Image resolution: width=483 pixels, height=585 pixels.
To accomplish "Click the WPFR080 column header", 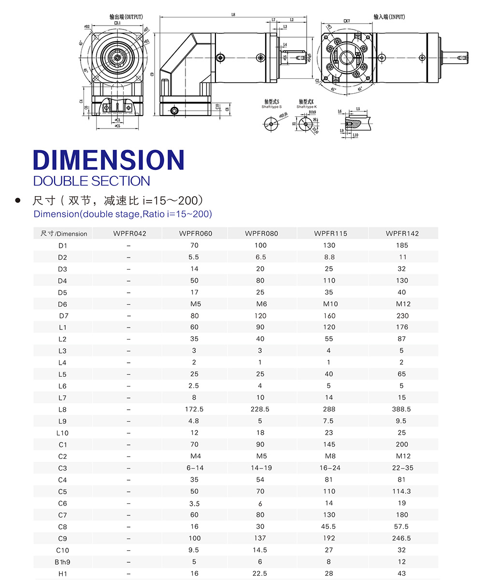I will coord(261,233).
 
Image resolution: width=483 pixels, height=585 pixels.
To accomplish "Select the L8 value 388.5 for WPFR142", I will coord(402,409).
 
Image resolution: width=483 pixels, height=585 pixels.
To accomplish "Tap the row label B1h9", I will coord(62,562).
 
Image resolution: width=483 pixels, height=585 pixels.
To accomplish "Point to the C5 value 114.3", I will coord(402,491).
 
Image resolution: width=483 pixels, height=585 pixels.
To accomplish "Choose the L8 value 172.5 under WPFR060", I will coord(194,409).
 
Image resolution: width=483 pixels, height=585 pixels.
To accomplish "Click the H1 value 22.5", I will coord(261,573).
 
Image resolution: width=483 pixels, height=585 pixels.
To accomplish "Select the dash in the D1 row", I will coord(128,245).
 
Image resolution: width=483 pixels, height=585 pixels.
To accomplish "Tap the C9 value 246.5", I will coord(402,538).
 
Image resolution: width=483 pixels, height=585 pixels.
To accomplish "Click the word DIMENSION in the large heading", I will coord(109,159).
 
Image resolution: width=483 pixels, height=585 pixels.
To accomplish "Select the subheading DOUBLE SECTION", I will coord(92,181).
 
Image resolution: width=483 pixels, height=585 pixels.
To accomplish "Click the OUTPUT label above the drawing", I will coord(126,17).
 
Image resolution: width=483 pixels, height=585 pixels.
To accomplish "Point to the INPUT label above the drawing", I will coord(389,17).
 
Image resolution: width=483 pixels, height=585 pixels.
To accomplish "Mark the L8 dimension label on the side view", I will coord(233,15).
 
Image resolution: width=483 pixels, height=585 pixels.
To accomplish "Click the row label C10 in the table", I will coord(62,550).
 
